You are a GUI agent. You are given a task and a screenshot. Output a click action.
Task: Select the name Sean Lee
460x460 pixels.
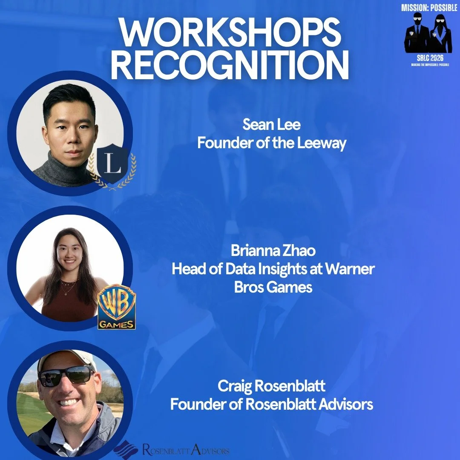point(271,125)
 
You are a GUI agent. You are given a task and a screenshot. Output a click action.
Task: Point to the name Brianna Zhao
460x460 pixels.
point(273,250)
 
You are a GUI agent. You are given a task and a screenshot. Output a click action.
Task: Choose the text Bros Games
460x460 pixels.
point(273,287)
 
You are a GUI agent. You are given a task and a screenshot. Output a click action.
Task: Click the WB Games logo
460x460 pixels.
point(117,310)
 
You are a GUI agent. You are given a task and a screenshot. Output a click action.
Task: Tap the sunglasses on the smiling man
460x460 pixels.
point(66,375)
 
